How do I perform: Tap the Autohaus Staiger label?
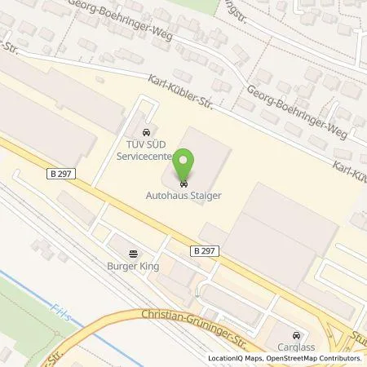pos(184,196)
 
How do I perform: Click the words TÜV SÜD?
pos(144,144)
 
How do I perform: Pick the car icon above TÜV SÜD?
pos(144,131)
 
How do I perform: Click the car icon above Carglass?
pos(295,334)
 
